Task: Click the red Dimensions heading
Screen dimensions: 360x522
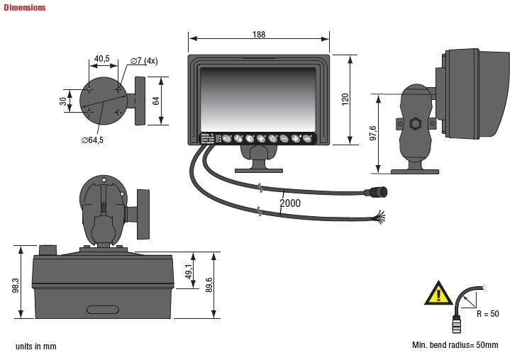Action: click(24, 8)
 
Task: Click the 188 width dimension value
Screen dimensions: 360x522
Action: click(259, 34)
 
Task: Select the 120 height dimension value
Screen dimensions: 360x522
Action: click(345, 99)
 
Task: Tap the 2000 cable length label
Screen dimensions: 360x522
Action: click(290, 203)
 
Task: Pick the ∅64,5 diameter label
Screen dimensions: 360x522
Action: click(92, 140)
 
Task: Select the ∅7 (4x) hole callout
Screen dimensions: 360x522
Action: click(144, 61)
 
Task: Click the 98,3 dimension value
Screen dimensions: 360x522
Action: click(16, 285)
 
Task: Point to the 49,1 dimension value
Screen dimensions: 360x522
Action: click(189, 271)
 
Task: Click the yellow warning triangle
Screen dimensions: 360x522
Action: click(438, 293)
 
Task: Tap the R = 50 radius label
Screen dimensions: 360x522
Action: click(488, 313)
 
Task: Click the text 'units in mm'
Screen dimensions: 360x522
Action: click(35, 347)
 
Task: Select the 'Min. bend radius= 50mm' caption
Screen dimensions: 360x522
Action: click(455, 345)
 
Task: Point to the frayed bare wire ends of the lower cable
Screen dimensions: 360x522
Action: click(379, 216)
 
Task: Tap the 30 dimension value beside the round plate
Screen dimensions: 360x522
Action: click(62, 102)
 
